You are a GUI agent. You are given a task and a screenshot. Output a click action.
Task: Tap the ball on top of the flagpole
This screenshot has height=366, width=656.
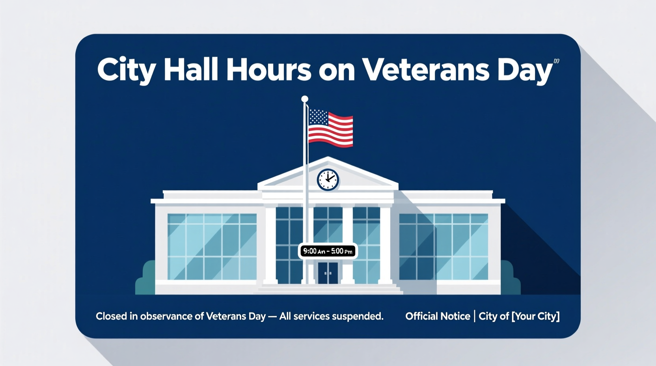click(x=304, y=99)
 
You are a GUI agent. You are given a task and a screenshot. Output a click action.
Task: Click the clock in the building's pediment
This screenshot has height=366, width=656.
click(x=328, y=180)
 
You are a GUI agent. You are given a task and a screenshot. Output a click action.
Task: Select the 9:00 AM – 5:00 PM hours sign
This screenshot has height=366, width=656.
click(x=328, y=251)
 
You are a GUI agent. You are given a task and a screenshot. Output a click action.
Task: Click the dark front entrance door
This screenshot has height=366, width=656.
click(x=328, y=273)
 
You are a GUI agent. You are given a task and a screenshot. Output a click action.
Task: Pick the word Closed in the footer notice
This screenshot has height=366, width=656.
click(x=111, y=316)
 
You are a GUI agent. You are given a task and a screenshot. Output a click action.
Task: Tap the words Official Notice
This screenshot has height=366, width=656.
click(x=438, y=316)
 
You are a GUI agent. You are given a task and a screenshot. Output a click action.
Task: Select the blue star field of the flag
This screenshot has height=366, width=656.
click(x=318, y=117)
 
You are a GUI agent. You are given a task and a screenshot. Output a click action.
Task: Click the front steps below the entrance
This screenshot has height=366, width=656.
click(x=328, y=289)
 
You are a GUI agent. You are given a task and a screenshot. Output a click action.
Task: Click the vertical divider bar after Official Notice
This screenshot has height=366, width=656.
click(x=474, y=316)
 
